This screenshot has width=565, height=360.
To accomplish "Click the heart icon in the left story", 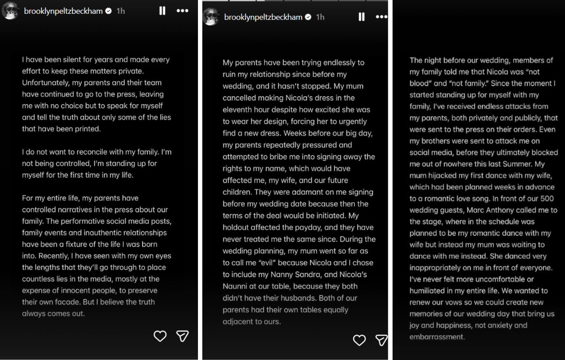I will coord(160,336).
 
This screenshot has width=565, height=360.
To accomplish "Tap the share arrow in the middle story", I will coord(381,340).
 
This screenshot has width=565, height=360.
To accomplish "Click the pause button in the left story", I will coord(162,11).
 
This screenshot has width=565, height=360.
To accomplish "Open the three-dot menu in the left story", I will coord(183,11).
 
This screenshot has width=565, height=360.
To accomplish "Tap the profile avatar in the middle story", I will coord(211,17).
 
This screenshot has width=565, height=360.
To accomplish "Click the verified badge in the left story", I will coord(109,11).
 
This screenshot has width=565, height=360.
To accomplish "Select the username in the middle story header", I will coord(263,17).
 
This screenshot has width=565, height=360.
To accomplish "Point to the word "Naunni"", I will coord(235,286).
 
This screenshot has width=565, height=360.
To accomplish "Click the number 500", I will coord(547,199).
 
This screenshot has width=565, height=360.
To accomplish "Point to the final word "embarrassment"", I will coord(437,337).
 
